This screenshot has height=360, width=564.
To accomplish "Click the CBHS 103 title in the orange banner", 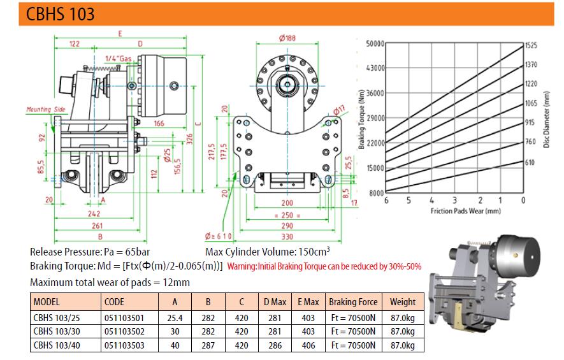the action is coord(60,14).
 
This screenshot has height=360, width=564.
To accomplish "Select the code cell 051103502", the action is coord(124,331).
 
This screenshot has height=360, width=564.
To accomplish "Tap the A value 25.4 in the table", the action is coord(175,318).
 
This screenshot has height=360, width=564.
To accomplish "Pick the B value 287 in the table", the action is coord(208,345).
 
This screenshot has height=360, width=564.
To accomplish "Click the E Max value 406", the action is coord(308,345).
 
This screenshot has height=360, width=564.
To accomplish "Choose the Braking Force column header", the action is coord(353,302).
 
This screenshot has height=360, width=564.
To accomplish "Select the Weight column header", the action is coord(403,302).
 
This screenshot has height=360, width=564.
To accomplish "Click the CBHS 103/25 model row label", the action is coord(57,318).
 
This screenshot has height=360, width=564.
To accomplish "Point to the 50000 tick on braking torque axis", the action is coord(375,43).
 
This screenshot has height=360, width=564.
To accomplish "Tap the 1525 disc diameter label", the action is coord(531,45).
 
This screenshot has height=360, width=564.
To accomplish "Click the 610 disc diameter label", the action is coord(530,162).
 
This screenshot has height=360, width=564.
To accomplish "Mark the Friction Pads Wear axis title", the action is coord(465,211).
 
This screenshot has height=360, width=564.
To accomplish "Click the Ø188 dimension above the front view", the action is coord(287,38).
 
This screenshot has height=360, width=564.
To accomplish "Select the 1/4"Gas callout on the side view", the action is coord(119,58).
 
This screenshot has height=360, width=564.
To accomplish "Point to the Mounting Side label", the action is coord(46,109).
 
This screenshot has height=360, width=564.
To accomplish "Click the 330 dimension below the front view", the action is coord(287,236).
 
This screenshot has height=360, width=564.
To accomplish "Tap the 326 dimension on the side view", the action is coord(190,139).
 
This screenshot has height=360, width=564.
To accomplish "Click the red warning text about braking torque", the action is coord(324,266).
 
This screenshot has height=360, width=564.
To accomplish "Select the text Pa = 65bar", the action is coord(127,252).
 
